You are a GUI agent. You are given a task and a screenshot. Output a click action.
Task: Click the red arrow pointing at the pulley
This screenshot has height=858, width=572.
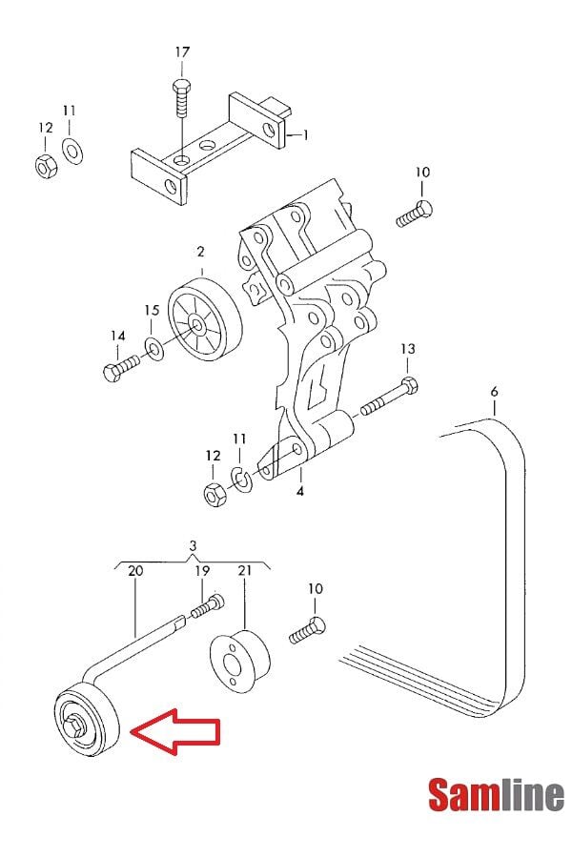176,732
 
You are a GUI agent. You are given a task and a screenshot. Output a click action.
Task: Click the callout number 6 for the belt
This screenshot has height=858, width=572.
494,392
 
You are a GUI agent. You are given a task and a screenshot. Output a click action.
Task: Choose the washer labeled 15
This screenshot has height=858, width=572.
154,348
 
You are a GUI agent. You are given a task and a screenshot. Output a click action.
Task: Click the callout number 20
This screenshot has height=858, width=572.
135,570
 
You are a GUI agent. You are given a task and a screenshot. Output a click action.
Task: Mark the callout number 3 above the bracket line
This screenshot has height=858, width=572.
193,546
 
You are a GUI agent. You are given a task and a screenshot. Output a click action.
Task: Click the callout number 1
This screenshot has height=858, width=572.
305,135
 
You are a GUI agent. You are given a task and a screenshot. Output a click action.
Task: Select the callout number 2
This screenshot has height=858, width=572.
201,253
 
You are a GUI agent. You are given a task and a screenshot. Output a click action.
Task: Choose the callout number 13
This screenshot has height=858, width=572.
407,349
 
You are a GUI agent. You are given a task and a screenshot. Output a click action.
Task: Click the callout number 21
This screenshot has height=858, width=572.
244,570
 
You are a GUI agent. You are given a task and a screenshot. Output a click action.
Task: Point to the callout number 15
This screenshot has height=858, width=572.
152,310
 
